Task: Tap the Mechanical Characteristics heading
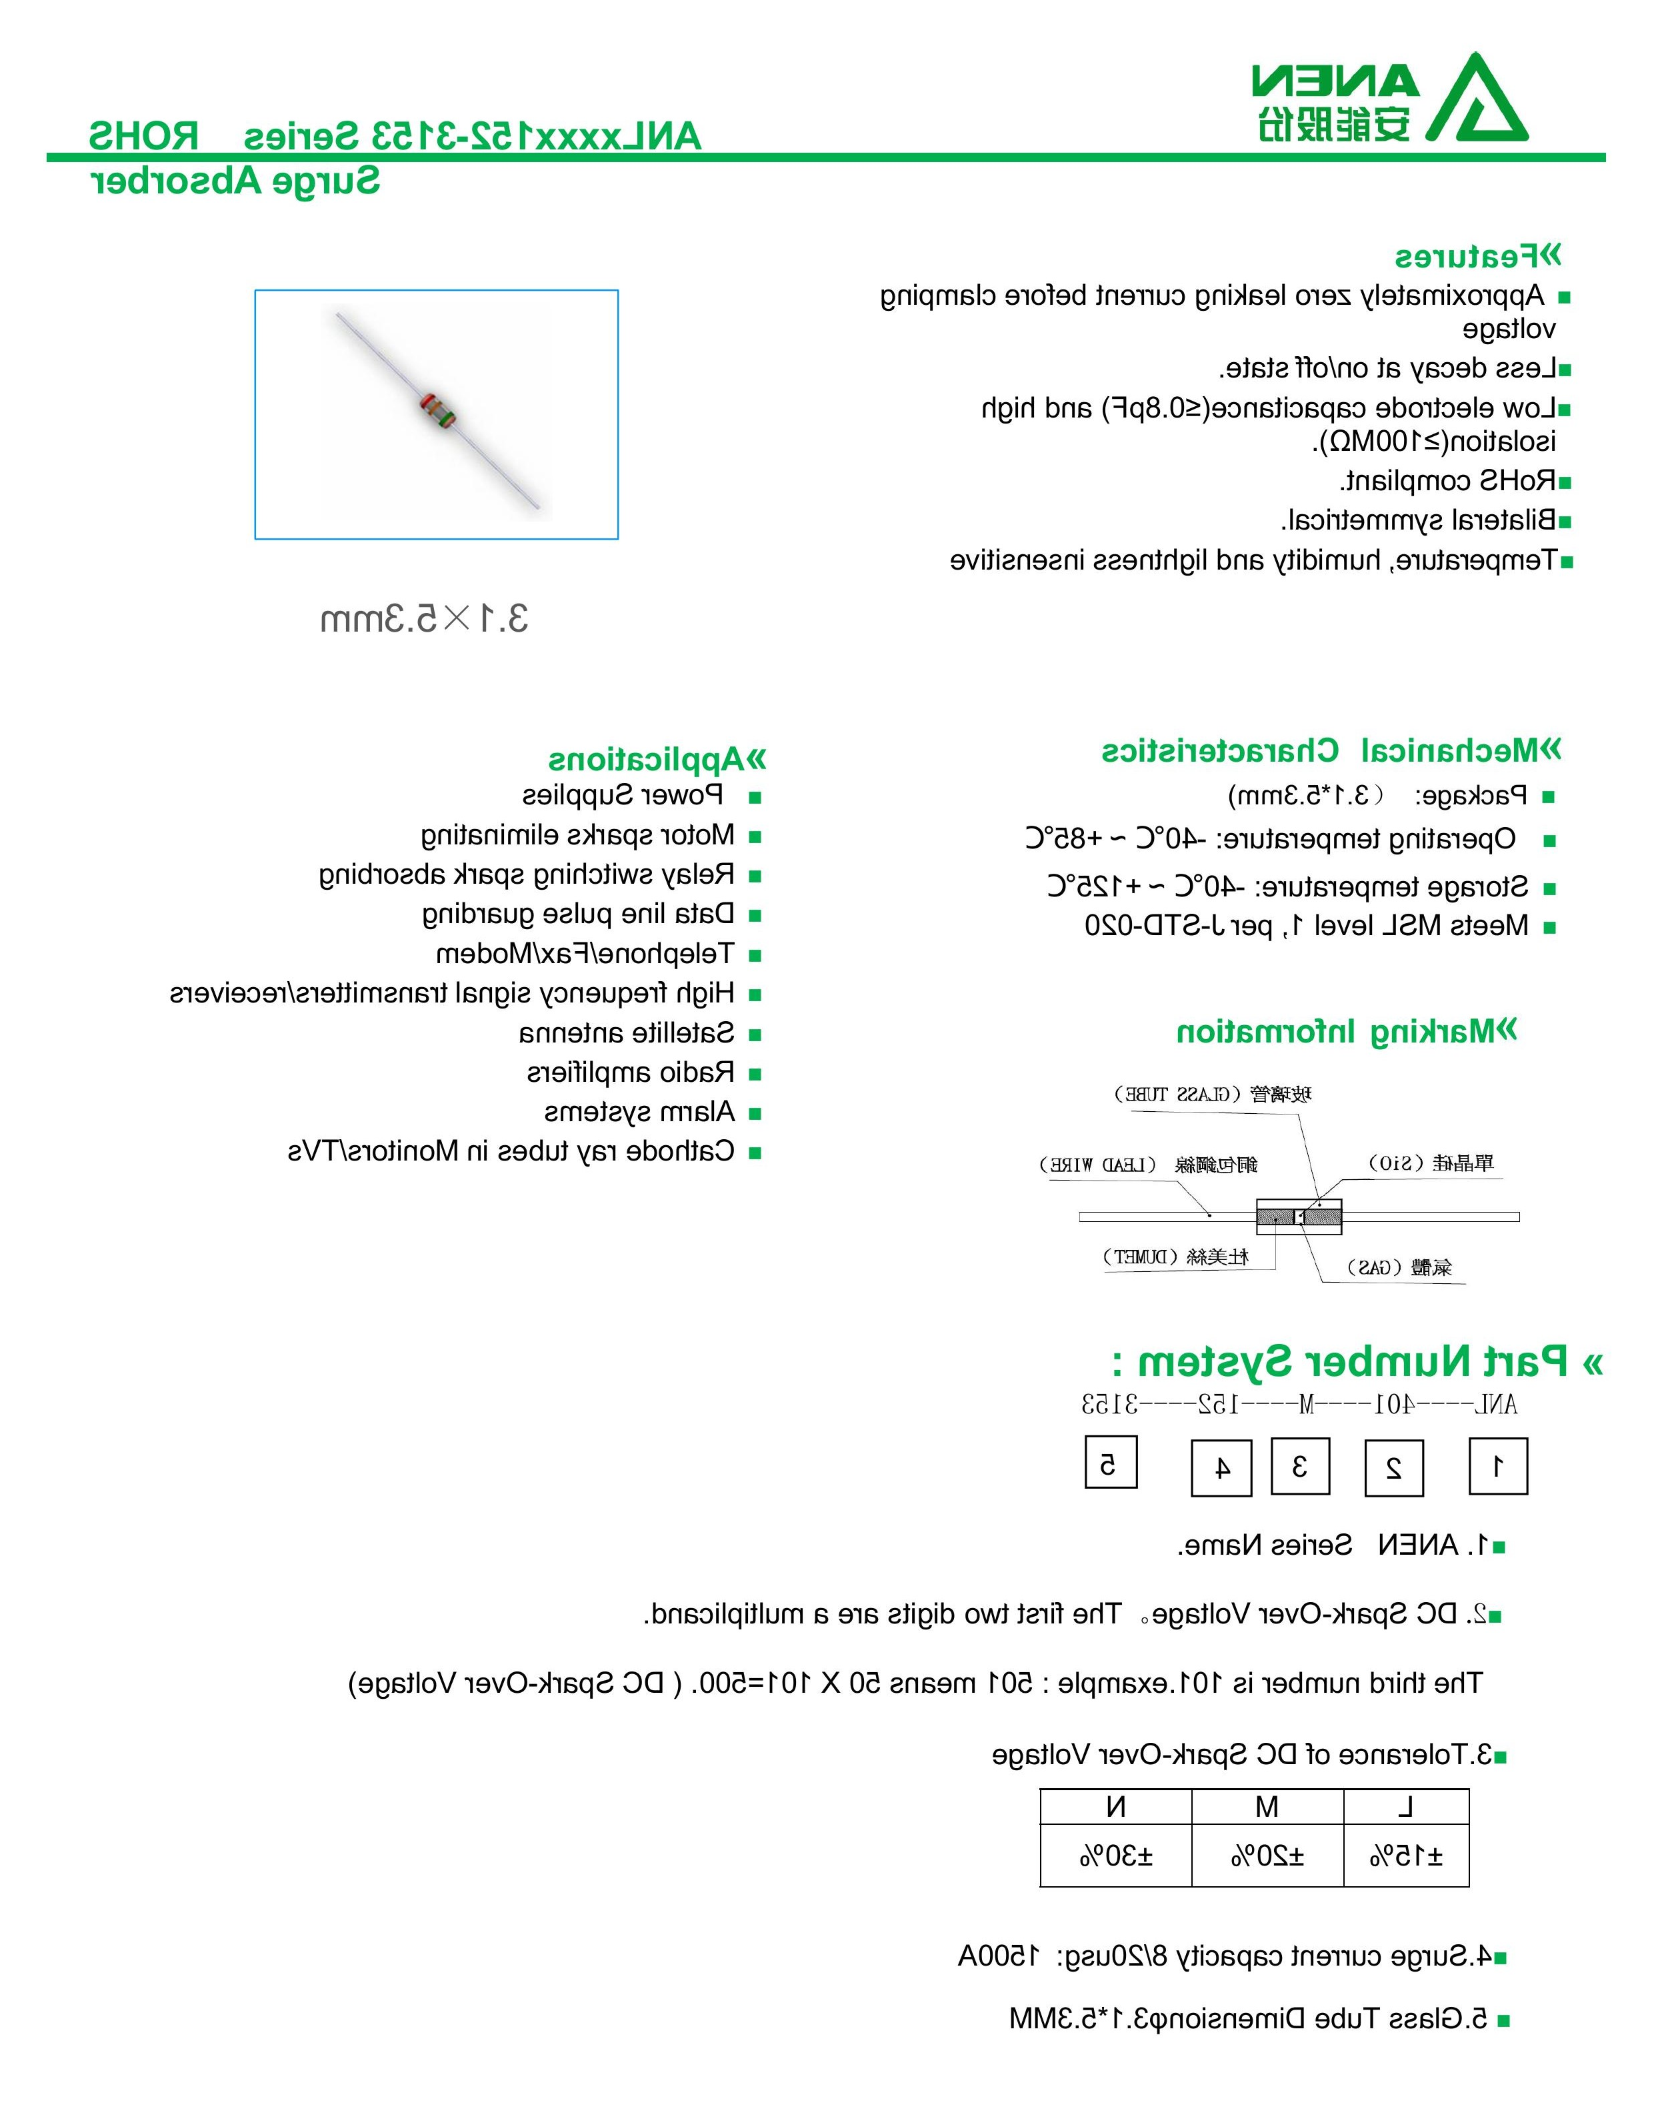point(1331,751)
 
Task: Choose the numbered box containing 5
point(1110,1461)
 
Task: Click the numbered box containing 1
point(1497,1467)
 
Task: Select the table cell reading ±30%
point(1115,1856)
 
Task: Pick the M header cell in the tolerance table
point(1267,1807)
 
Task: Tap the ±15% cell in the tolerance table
point(1406,1856)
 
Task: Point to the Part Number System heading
point(1356,1362)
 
